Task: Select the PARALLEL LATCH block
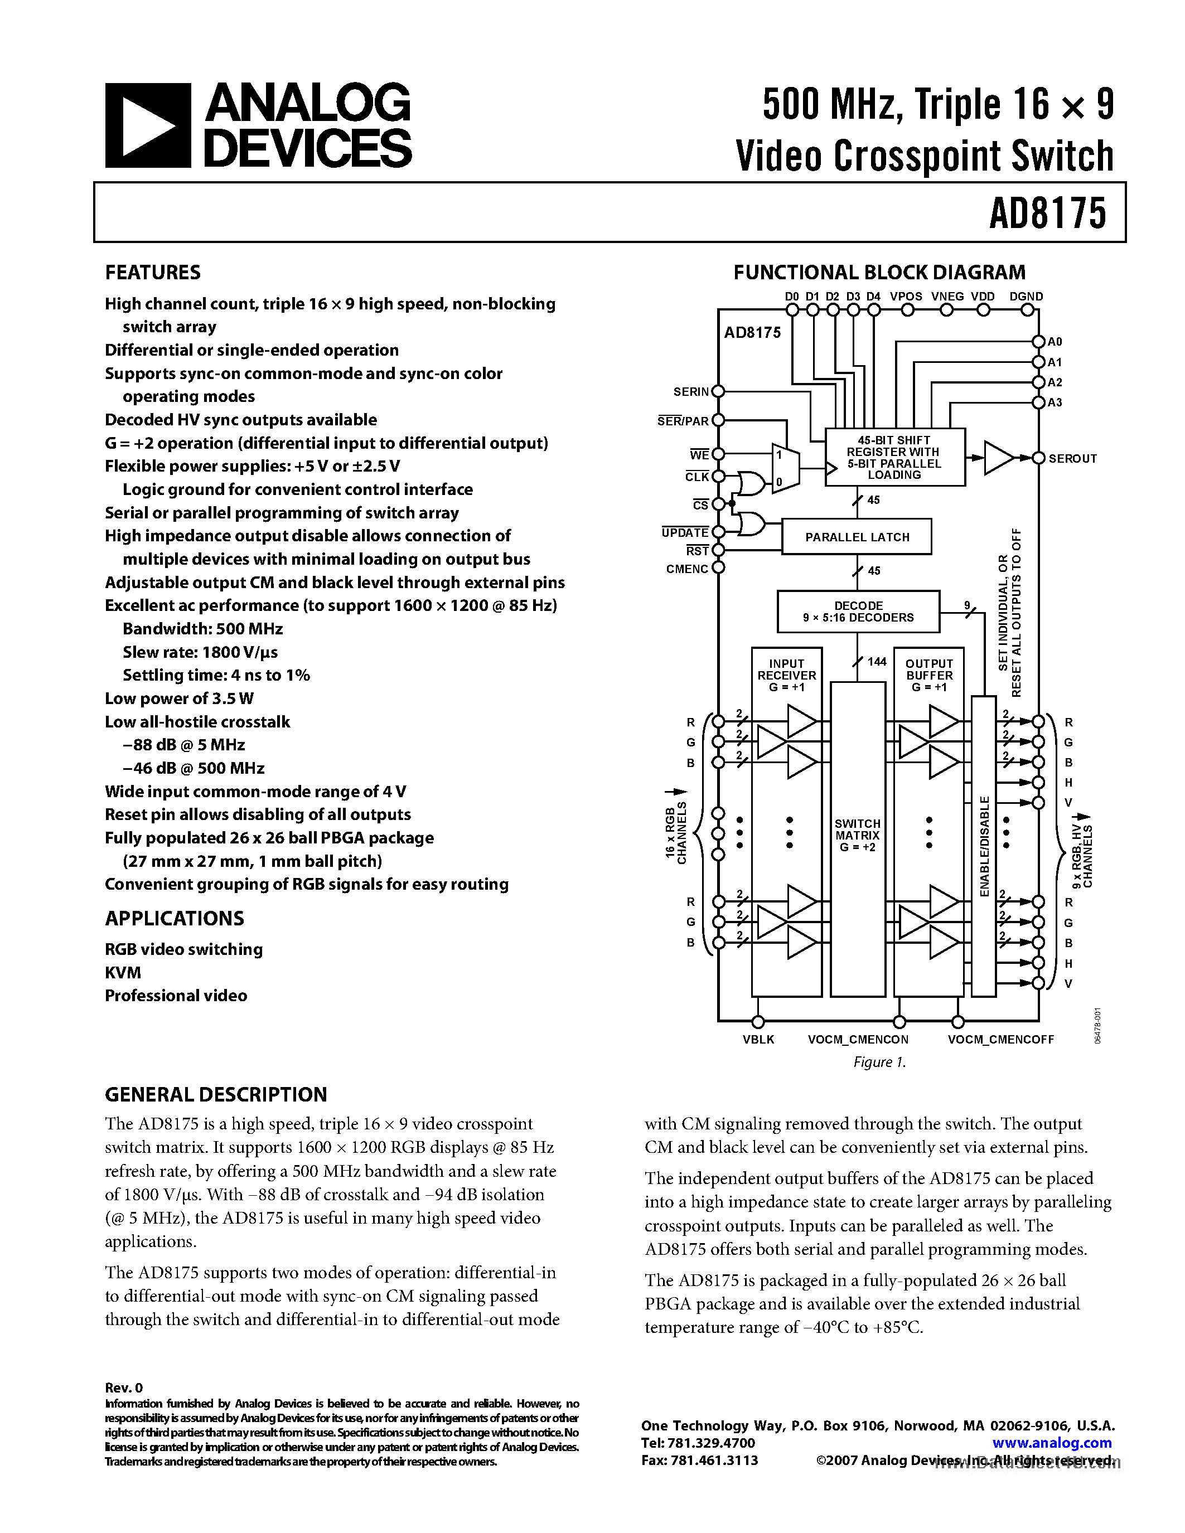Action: click(x=857, y=537)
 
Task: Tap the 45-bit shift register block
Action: click(x=894, y=457)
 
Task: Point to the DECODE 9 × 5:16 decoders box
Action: click(x=858, y=612)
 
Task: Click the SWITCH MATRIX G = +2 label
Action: click(x=857, y=835)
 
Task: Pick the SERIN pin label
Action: click(x=691, y=392)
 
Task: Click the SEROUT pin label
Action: click(x=1072, y=458)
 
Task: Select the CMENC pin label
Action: click(x=686, y=569)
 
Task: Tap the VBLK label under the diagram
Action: click(x=758, y=1040)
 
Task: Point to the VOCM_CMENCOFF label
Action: click(x=1000, y=1040)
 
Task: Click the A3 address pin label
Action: click(x=1055, y=402)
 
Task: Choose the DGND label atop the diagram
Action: click(x=1026, y=296)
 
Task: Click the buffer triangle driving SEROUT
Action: click(x=998, y=458)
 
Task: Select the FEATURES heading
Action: click(x=152, y=273)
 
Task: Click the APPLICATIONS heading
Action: click(x=174, y=918)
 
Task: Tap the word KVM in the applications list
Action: click(x=123, y=972)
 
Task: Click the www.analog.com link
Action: click(x=1052, y=1443)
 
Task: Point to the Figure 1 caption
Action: click(x=879, y=1062)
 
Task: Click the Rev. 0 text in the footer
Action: click(x=124, y=1388)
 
